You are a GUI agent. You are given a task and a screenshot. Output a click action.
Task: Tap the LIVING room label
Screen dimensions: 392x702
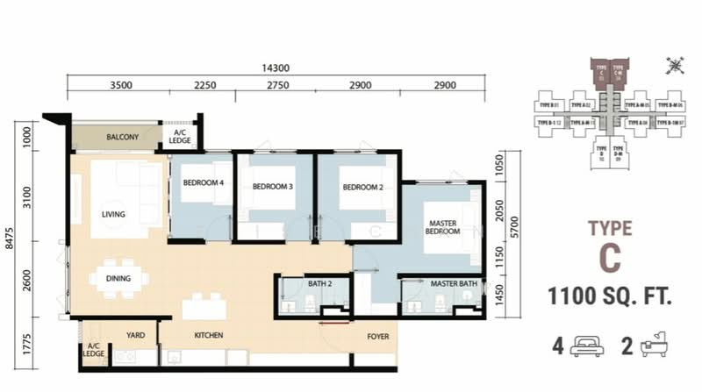pyautogui.click(x=113, y=214)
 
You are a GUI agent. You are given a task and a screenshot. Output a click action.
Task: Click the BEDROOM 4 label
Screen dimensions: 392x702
pyautogui.click(x=202, y=183)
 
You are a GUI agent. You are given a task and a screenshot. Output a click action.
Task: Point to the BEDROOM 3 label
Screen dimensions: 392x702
pyautogui.click(x=272, y=187)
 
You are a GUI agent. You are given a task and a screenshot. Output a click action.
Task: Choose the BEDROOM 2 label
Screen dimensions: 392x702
pyautogui.click(x=361, y=187)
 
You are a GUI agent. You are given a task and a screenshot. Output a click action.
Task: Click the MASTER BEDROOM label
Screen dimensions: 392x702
pyautogui.click(x=443, y=226)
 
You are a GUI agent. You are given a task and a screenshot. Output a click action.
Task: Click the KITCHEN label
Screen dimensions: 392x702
pyautogui.click(x=209, y=336)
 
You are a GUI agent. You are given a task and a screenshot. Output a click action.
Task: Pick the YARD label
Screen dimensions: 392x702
pyautogui.click(x=136, y=335)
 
